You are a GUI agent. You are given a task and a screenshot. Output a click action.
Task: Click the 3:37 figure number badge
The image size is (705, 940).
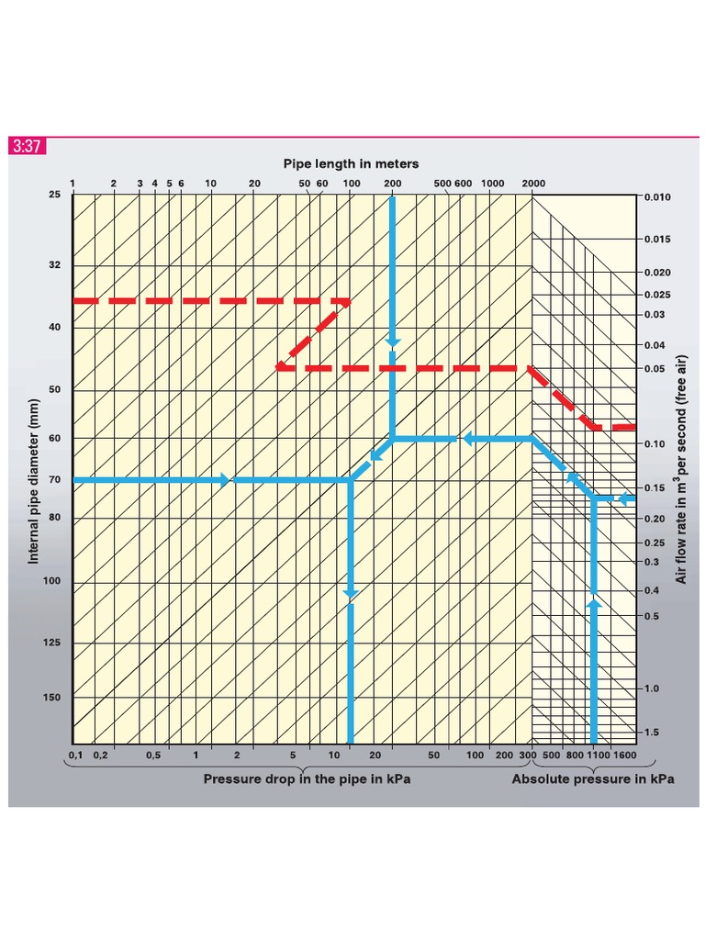27,146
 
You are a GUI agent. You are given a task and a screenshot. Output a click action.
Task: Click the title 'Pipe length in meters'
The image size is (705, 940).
350,163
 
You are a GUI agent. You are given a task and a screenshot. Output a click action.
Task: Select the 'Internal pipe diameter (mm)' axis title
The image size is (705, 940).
34,481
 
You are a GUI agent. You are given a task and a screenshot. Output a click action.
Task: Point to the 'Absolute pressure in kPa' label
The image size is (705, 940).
592,779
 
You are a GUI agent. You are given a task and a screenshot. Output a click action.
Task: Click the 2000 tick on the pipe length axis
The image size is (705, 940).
533,184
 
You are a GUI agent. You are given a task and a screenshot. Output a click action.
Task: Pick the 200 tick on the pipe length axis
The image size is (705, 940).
392,184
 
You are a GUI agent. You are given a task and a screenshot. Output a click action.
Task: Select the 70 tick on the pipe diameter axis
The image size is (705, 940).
54,480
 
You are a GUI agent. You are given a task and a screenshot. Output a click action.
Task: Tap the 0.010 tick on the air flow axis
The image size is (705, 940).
657,197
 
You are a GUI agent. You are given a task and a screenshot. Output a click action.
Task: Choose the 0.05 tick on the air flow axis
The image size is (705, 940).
654,369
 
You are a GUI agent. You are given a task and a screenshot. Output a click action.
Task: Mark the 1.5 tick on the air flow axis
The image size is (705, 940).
651,733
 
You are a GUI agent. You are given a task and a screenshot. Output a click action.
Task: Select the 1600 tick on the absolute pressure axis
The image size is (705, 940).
624,755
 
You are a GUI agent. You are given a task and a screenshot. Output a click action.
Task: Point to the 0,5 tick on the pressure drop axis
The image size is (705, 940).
153,755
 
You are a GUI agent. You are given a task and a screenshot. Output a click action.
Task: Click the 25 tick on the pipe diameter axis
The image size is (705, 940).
54,195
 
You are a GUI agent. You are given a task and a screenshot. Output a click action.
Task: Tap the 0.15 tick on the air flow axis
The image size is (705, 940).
654,487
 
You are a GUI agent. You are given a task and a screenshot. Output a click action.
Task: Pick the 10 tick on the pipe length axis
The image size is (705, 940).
210,184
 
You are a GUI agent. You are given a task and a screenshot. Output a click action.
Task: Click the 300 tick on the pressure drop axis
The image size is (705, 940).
527,755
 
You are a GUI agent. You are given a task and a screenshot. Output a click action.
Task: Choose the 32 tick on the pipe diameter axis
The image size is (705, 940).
54,265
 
